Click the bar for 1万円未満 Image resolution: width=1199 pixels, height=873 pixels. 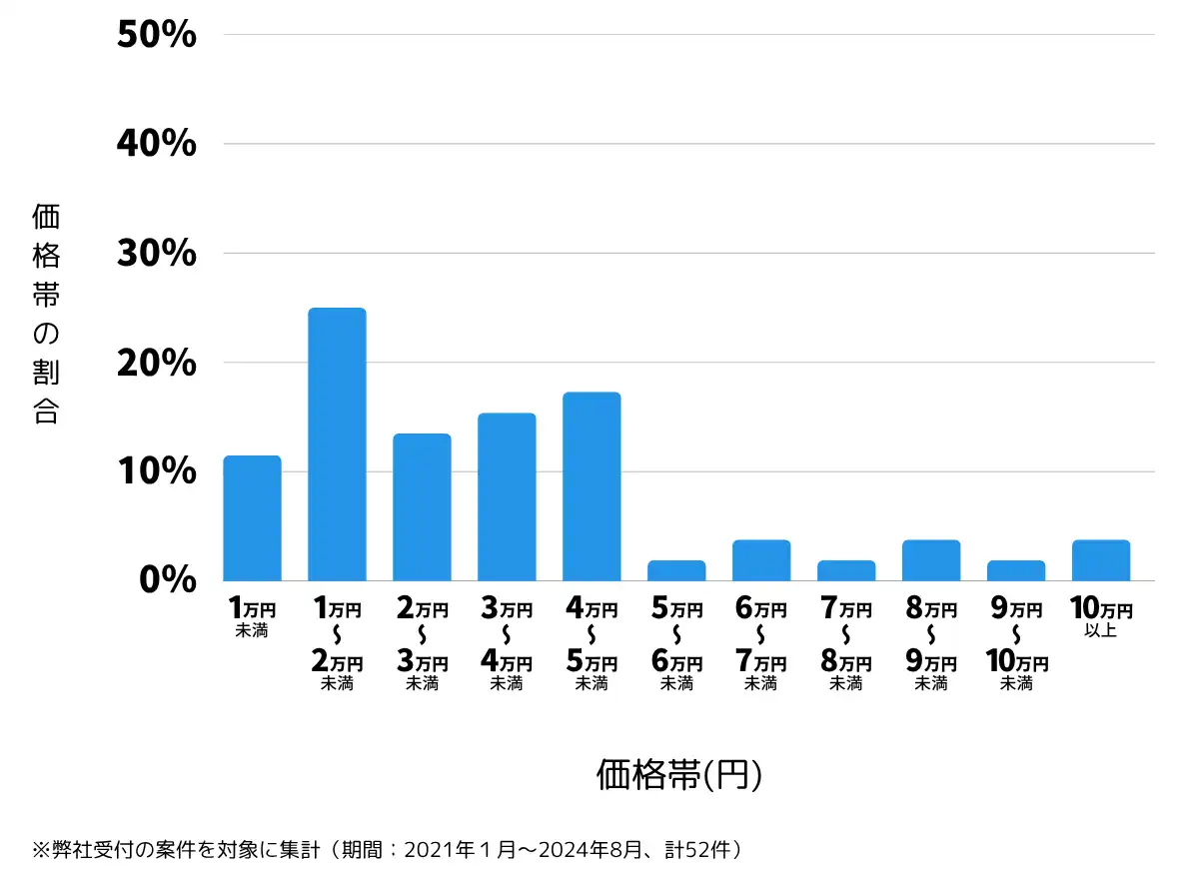pyautogui.click(x=252, y=518)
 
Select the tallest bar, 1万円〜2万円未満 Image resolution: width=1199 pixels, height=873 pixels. pyautogui.click(x=337, y=444)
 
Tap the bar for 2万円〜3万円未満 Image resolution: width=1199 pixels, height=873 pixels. pyautogui.click(x=422, y=507)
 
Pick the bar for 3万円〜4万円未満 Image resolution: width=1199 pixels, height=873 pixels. pyautogui.click(x=507, y=497)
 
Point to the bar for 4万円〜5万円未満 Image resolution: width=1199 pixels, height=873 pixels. pyautogui.click(x=592, y=486)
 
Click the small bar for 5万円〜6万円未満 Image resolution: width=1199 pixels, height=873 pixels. pyautogui.click(x=676, y=571)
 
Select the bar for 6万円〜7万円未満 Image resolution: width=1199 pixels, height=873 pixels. pyautogui.click(x=761, y=561)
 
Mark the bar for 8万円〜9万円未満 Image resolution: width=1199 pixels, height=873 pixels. pyautogui.click(x=931, y=561)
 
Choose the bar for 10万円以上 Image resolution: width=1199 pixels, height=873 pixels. pyautogui.click(x=1101, y=561)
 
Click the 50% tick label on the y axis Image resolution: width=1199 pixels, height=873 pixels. pyautogui.click(x=157, y=36)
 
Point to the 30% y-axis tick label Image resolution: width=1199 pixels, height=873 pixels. pyautogui.click(x=157, y=254)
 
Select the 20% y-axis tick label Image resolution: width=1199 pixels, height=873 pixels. pyautogui.click(x=157, y=363)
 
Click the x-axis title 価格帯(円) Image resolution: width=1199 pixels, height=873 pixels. pyautogui.click(x=679, y=774)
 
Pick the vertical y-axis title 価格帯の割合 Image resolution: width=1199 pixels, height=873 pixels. pyautogui.click(x=46, y=314)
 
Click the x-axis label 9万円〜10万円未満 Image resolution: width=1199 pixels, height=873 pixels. pyautogui.click(x=1016, y=645)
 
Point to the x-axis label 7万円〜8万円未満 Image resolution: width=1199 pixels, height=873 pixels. pyautogui.click(x=846, y=645)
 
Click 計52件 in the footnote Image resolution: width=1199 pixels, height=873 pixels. pyautogui.click(x=704, y=850)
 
